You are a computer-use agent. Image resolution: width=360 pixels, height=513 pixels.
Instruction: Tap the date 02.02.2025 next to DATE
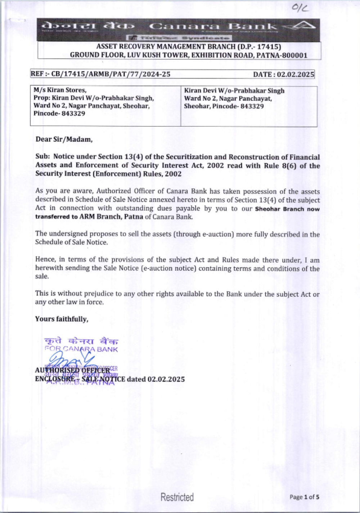(x=296, y=75)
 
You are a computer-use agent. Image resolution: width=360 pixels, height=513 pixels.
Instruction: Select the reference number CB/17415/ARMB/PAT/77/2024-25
(x=111, y=74)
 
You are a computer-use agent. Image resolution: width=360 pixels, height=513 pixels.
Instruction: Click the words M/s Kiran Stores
(x=60, y=90)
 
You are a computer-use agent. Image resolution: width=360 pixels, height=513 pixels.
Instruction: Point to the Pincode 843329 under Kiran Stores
(x=59, y=113)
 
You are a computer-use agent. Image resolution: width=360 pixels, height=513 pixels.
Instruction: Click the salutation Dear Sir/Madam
(x=64, y=139)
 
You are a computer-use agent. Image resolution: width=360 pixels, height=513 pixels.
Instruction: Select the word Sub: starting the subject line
(x=43, y=157)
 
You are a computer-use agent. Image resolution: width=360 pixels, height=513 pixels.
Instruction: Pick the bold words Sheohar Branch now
(x=287, y=209)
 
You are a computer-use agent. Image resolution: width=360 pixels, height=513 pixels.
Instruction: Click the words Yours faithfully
(x=62, y=319)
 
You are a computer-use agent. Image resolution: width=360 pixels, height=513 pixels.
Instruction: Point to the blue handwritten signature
(x=70, y=359)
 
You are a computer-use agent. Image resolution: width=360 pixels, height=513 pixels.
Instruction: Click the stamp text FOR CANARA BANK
(x=81, y=349)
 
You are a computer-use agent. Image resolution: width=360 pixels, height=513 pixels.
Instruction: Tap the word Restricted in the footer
(x=177, y=497)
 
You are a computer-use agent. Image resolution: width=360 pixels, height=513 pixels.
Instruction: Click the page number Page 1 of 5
(x=304, y=497)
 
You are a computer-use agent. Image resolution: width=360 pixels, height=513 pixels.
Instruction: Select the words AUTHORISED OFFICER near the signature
(x=72, y=370)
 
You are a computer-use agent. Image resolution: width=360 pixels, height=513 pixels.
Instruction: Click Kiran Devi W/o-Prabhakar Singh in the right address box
(x=234, y=91)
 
